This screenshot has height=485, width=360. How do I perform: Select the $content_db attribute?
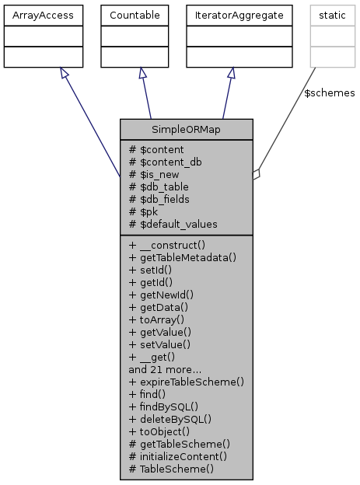167,162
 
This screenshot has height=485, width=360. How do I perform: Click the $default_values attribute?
174,224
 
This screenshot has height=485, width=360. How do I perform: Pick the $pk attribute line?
145,211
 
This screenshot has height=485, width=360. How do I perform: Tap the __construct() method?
167,244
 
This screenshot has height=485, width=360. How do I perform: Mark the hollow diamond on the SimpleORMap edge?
257,175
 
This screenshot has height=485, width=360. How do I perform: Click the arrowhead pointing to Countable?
141,72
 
